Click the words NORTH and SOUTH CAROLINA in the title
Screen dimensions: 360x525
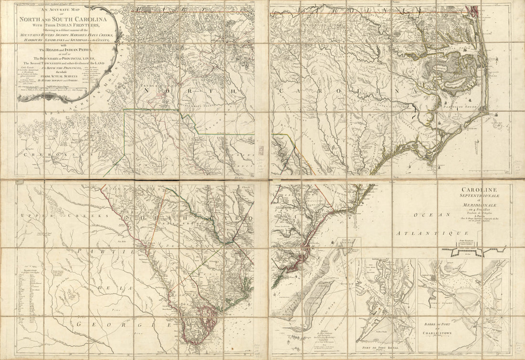coord(67,19)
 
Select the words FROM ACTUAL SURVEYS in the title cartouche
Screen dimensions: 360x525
coord(66,75)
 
